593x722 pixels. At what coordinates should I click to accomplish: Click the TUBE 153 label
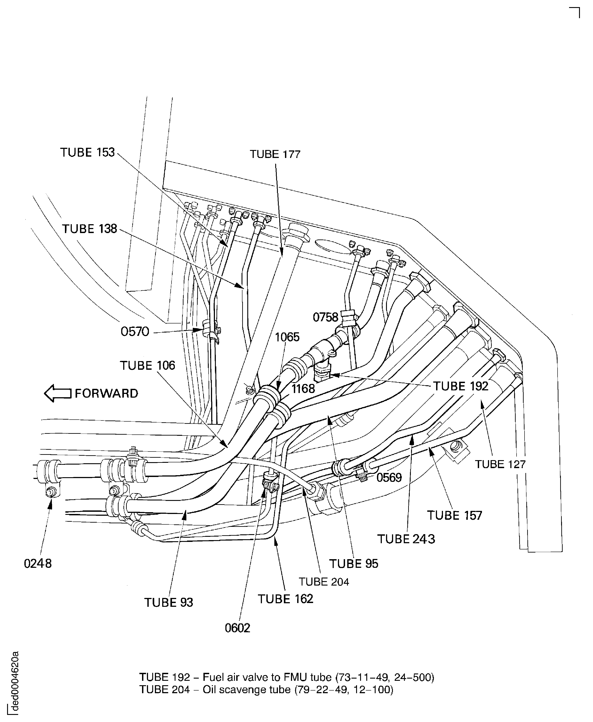pos(88,152)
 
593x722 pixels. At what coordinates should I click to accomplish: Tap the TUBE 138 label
pos(90,229)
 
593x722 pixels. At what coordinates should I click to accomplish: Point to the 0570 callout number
pos(135,332)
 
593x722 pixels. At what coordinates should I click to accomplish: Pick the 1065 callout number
pos(287,337)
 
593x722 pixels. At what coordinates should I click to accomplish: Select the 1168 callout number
pos(303,388)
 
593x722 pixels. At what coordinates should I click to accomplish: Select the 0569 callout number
pos(389,477)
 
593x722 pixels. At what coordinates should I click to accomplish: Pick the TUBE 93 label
pos(168,602)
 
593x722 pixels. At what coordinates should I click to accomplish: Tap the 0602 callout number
pos(237,628)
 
